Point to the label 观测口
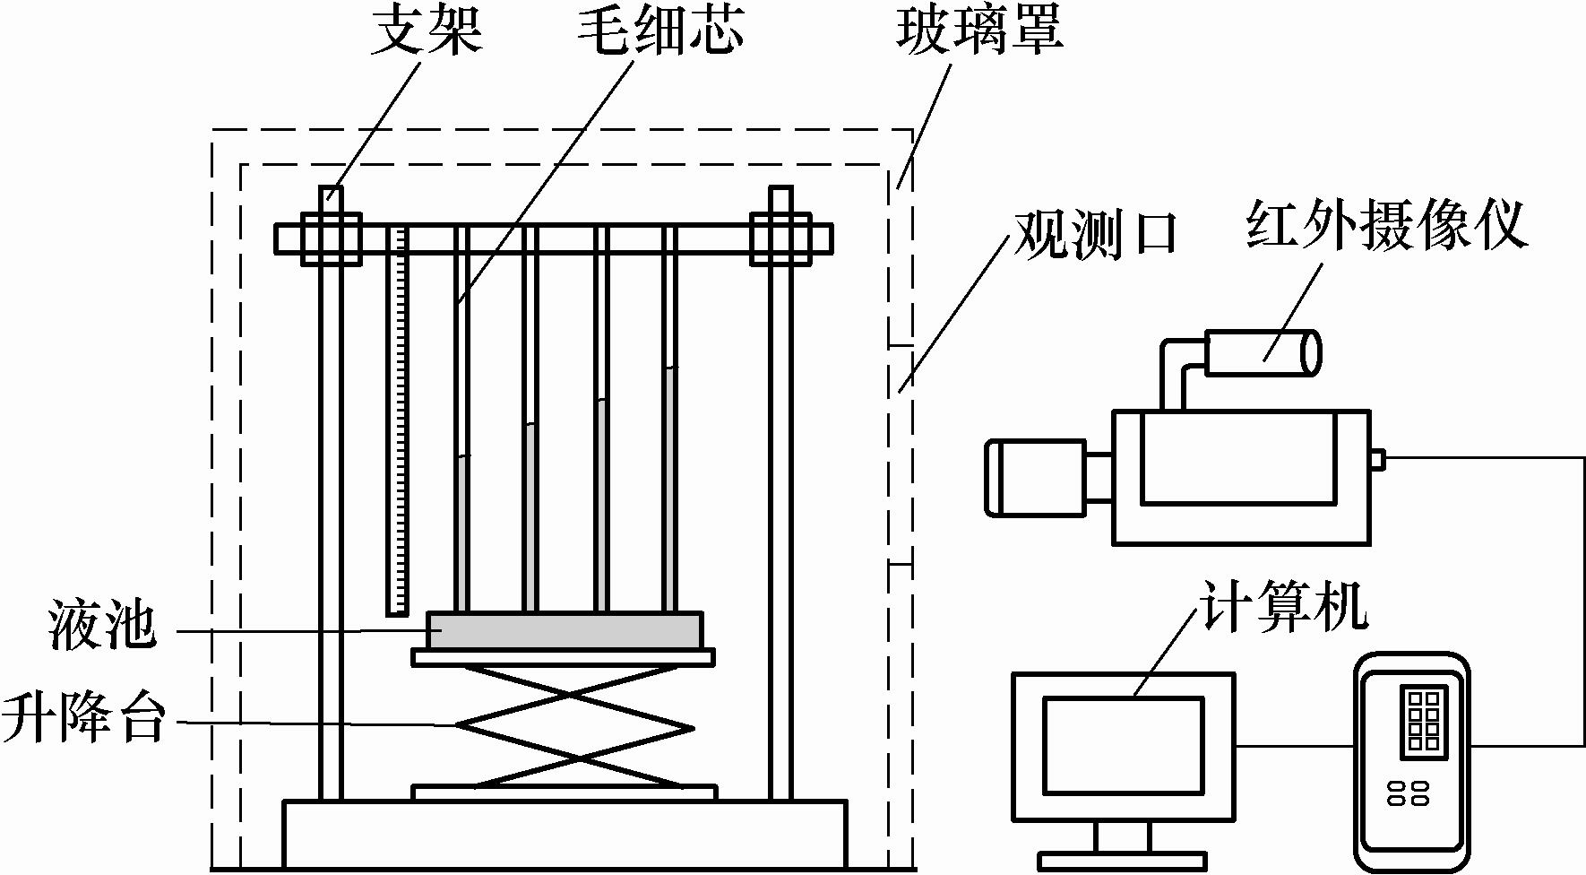[1093, 234]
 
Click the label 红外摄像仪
[1385, 224]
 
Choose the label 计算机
[1282, 607]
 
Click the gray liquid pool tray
[565, 630]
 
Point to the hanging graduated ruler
[398, 421]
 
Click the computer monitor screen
[1123, 745]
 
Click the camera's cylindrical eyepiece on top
[1262, 352]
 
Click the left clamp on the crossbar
[331, 238]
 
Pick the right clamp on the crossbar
[780, 238]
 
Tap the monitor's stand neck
[1123, 837]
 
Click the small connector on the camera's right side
[1378, 459]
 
